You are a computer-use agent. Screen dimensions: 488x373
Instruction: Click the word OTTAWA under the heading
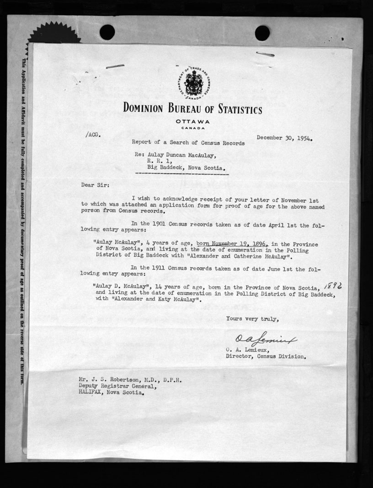[192, 122]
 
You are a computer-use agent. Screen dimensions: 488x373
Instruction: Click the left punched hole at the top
[107, 32]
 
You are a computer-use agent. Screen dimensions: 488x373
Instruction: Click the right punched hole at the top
[262, 32]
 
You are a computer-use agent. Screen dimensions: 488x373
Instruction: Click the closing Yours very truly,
[251, 319]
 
